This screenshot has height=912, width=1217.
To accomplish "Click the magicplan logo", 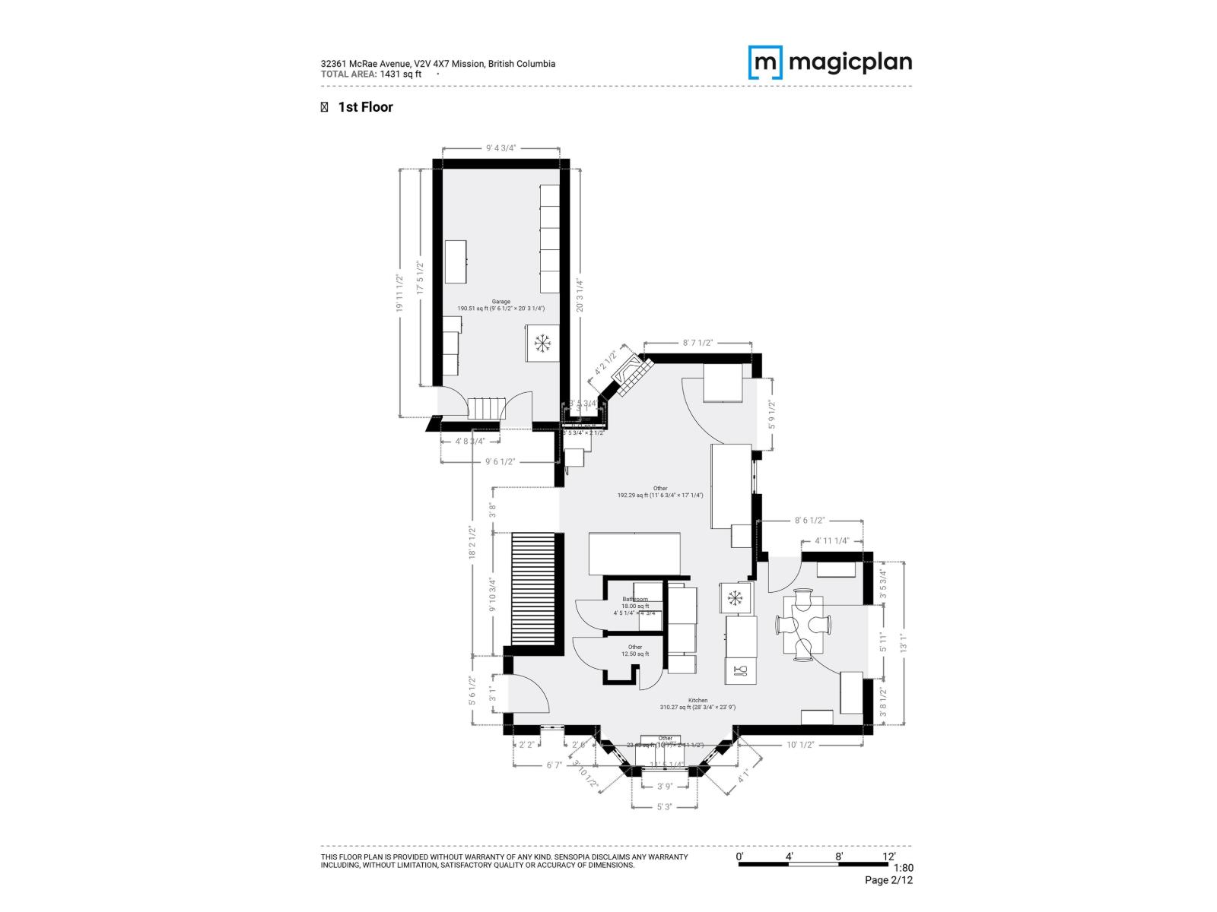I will click(830, 62).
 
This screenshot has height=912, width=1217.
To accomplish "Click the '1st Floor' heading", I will click(365, 107).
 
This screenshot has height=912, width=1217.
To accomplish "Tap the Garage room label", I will click(500, 302).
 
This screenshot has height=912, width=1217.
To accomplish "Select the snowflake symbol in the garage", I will click(542, 344).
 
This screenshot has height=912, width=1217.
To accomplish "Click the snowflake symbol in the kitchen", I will click(735, 599).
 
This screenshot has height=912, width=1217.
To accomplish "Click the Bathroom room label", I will click(634, 600).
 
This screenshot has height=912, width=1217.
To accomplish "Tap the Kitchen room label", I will click(697, 701).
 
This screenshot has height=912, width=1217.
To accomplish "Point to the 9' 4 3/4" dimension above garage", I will click(500, 149).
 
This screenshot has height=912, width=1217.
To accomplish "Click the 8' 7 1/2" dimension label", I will click(697, 343).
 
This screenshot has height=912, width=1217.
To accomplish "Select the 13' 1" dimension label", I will click(904, 643).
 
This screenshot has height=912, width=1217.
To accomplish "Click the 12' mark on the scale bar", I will click(888, 857).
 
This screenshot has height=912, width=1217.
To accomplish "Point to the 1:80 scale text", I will click(902, 868).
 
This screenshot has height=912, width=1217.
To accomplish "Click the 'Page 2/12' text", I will click(888, 881).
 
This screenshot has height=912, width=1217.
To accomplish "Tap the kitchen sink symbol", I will click(742, 670).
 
